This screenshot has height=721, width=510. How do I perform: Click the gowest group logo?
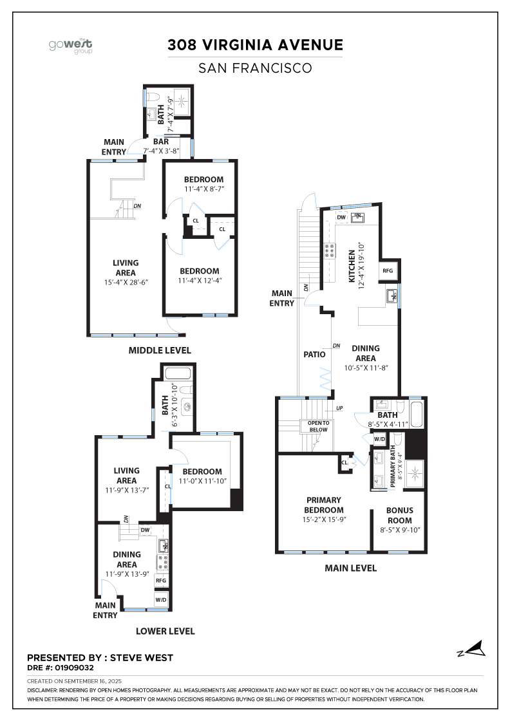coord(71,46)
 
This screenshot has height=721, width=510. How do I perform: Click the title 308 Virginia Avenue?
coord(255,45)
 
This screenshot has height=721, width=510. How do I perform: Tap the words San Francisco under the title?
coord(255,67)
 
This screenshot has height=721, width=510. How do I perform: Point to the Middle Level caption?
coord(159,350)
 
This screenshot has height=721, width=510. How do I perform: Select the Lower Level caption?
coord(165,631)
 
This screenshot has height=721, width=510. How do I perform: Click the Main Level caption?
coord(351,568)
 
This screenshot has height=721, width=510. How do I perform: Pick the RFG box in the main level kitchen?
coord(388,271)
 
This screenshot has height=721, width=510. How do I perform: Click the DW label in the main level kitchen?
coord(341,217)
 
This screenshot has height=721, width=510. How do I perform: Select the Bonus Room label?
coord(399,515)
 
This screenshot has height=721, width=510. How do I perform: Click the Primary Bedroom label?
coord(324,505)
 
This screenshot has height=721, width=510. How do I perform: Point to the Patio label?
coord(315,354)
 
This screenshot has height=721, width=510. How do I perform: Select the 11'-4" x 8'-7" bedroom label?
coord(203,184)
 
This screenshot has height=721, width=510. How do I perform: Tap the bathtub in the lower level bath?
coord(177,374)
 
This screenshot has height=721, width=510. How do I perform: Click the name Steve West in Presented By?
coord(142,658)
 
